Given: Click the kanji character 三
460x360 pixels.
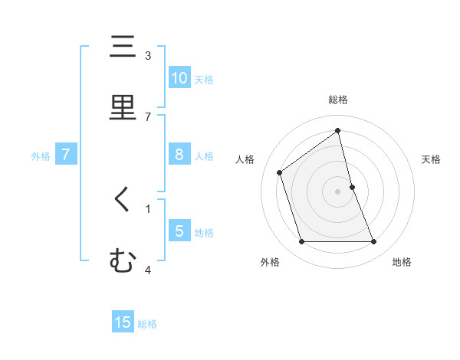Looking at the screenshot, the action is pyautogui.click(x=123, y=47).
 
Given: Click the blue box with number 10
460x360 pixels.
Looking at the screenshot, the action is pyautogui.click(x=179, y=77).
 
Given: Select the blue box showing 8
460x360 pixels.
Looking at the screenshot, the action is pyautogui.click(x=179, y=155).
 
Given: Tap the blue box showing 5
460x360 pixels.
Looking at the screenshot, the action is pyautogui.click(x=179, y=231).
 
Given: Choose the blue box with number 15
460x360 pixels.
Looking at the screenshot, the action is pyautogui.click(x=123, y=322).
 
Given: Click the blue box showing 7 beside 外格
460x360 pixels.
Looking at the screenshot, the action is pyautogui.click(x=66, y=155).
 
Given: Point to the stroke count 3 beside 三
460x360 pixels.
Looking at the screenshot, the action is pyautogui.click(x=148, y=56).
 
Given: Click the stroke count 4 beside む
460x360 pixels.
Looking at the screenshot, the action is pyautogui.click(x=148, y=270).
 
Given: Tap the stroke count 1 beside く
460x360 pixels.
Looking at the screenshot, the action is pyautogui.click(x=148, y=208).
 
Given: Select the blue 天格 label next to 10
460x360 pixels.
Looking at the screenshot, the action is pyautogui.click(x=204, y=79).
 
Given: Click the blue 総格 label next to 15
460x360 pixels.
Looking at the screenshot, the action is pyautogui.click(x=147, y=324).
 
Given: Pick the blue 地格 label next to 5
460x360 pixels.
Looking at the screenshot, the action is pyautogui.click(x=204, y=232).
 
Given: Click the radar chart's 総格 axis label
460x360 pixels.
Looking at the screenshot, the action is pyautogui.click(x=338, y=100).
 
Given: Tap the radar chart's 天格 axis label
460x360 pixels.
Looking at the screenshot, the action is pyautogui.click(x=432, y=159).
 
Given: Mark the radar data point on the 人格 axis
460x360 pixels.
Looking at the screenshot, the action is pyautogui.click(x=280, y=172).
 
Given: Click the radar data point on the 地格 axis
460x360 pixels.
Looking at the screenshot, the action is pyautogui.click(x=374, y=242).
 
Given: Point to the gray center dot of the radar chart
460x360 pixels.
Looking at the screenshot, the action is pyautogui.click(x=338, y=191).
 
